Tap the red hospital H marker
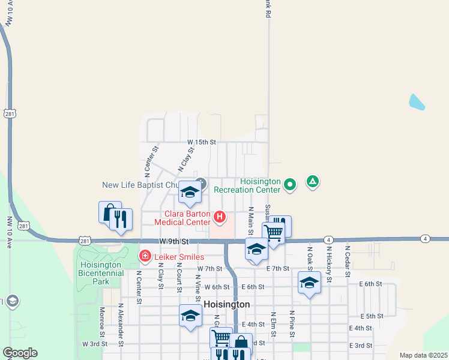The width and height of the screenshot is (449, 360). point(220,217)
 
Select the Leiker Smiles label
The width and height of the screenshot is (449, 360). point(179,257)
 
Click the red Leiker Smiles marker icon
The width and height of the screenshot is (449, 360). point(145,256)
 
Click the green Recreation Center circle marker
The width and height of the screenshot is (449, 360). point(290,184)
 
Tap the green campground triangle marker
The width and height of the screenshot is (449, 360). point(312,181)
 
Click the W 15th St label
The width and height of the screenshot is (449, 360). point(201,142)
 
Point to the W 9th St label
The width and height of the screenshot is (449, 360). point(175,241)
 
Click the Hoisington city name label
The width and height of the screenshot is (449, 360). point(226,304)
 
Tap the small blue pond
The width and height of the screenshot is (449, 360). point(417,102)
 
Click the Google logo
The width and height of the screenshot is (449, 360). point(20,353)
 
